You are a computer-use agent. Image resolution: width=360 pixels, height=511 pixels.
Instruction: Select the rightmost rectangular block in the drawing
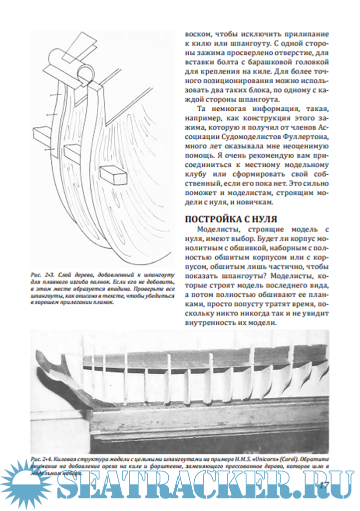pos(113,175)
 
